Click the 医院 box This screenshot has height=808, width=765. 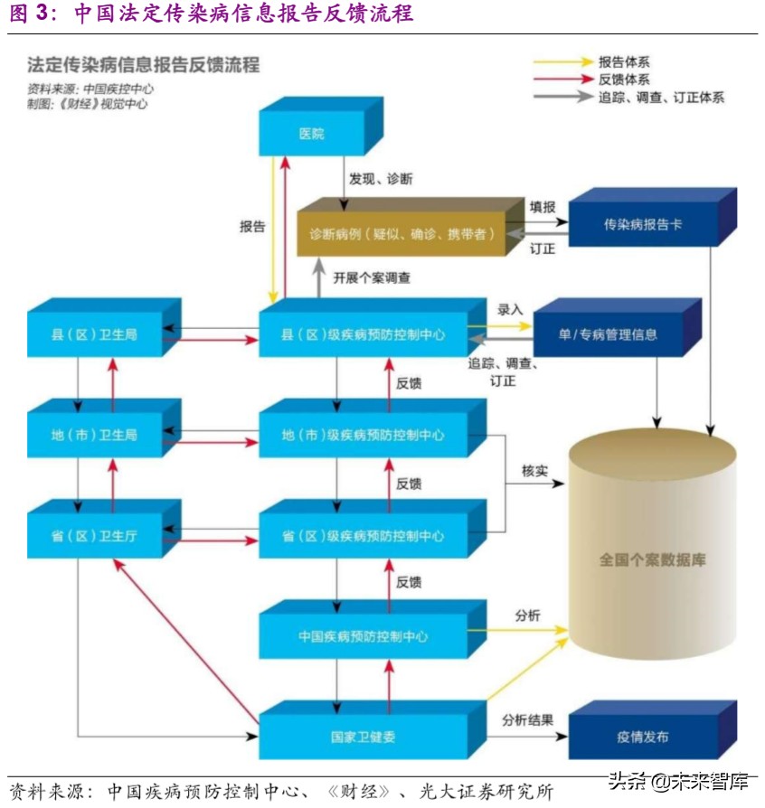tap(311, 134)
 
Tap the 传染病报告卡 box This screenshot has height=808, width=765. tap(643, 224)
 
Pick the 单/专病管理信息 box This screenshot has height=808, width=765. tap(608, 334)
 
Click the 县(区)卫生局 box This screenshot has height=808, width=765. tap(94, 334)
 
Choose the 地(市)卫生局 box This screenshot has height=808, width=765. tap(94, 435)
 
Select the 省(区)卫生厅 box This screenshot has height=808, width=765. tap(94, 536)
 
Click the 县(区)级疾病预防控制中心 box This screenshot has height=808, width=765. tap(363, 334)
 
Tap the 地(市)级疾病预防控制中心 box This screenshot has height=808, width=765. tap(363, 435)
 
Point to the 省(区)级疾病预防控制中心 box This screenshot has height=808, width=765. tap(363, 536)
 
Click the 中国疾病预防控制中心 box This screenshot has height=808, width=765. tap(363, 636)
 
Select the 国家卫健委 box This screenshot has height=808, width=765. tap(363, 737)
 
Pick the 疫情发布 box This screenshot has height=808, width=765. tap(643, 737)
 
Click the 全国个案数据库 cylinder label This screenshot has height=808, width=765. tap(652, 559)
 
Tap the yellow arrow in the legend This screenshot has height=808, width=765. tap(561, 62)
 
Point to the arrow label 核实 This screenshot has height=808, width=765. tap(534, 471)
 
